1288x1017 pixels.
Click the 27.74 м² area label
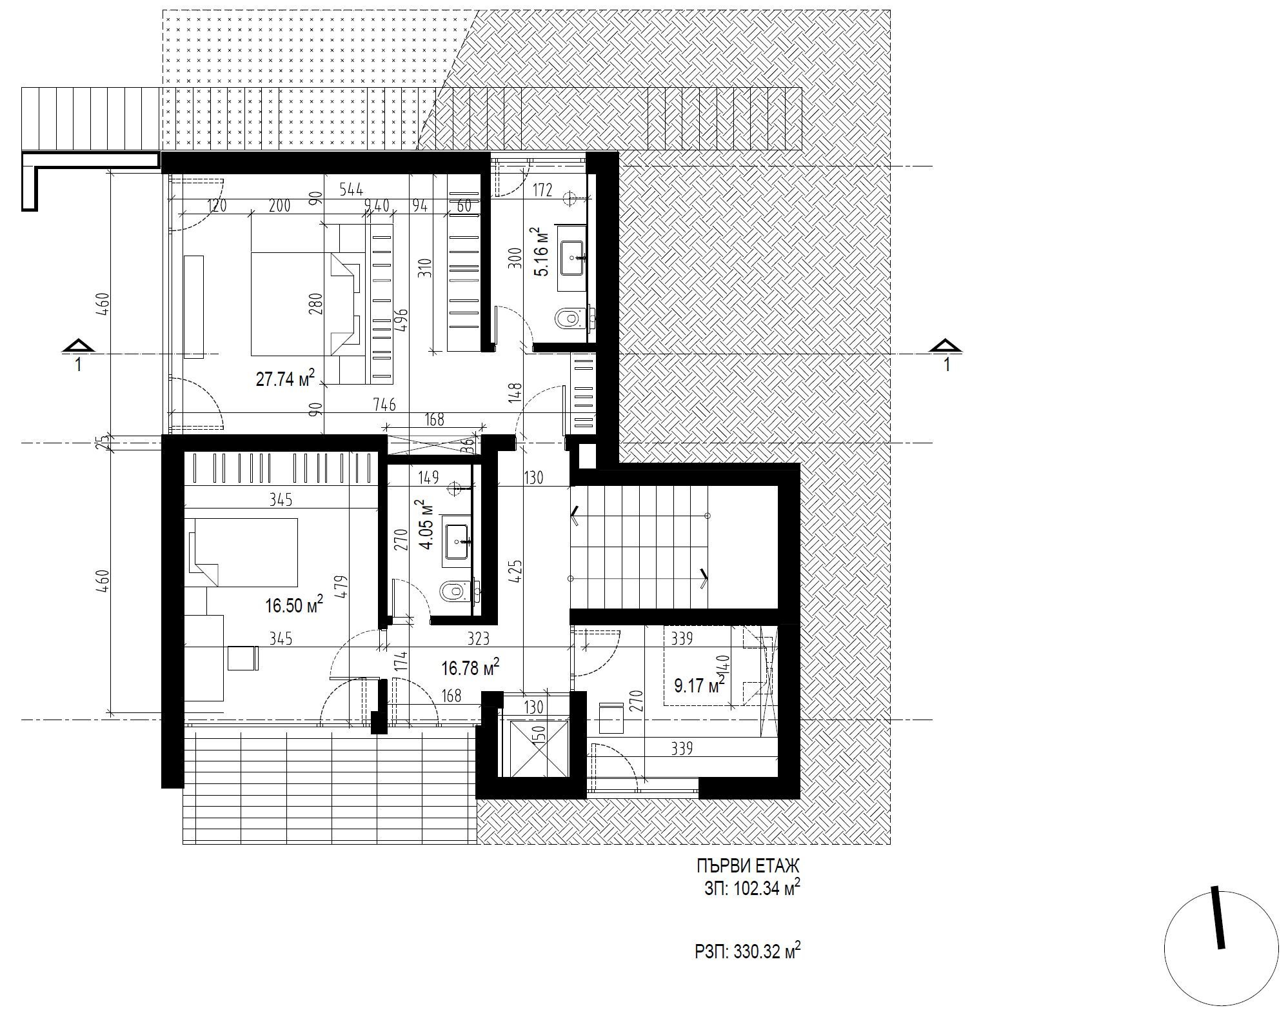[x=285, y=378]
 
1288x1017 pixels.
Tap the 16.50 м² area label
[x=293, y=605]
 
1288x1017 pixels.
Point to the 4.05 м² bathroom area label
[x=426, y=525]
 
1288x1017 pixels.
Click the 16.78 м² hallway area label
[x=470, y=669]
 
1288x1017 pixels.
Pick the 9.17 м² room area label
[x=699, y=685]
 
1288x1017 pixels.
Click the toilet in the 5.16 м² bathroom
[x=570, y=317]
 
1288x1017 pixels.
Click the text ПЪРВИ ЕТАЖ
[x=748, y=865]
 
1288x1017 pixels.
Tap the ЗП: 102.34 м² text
[x=752, y=889]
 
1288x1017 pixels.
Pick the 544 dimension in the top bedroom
[x=352, y=189]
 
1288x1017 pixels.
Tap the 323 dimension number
[x=478, y=638]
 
